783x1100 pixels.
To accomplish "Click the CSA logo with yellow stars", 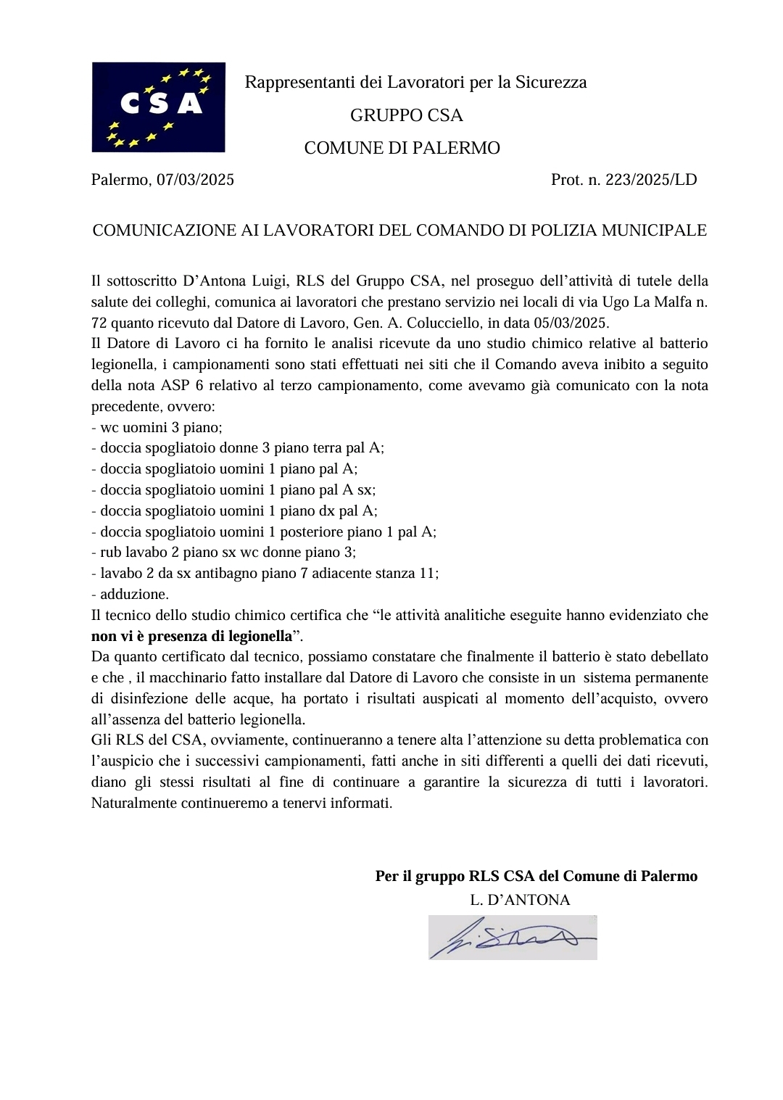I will (158, 107).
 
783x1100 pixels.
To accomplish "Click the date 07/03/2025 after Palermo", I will (195, 180).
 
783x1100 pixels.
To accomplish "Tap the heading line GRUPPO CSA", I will (406, 115).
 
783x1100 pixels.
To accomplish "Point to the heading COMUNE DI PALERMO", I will (402, 148).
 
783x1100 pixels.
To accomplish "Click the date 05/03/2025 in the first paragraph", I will (571, 323).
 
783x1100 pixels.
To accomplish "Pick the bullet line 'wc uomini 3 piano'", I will (157, 427).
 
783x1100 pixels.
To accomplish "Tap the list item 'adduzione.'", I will (130, 594).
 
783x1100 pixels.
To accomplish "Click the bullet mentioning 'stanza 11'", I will (265, 573).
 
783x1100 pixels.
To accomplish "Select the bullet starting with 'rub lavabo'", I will (224, 553).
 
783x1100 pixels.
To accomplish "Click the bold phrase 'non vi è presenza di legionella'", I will (191, 636).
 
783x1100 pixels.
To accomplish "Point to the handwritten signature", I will (512, 938).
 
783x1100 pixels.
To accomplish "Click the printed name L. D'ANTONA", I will (520, 900).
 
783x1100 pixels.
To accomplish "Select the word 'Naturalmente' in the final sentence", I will (134, 803).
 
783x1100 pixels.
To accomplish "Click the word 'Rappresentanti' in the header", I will (300, 82).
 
